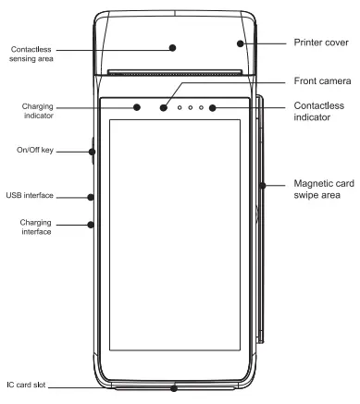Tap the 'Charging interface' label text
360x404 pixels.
point(36,226)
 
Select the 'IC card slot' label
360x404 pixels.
point(26,386)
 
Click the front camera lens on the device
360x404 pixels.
point(164,108)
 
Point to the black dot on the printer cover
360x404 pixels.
point(241,43)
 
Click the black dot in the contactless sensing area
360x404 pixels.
point(173,45)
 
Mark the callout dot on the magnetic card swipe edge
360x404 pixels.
point(264,185)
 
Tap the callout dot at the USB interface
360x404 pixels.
point(91,196)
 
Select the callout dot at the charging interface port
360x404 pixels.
point(91,223)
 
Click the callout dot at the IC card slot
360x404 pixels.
point(174,387)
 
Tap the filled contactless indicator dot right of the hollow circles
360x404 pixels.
point(212,108)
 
